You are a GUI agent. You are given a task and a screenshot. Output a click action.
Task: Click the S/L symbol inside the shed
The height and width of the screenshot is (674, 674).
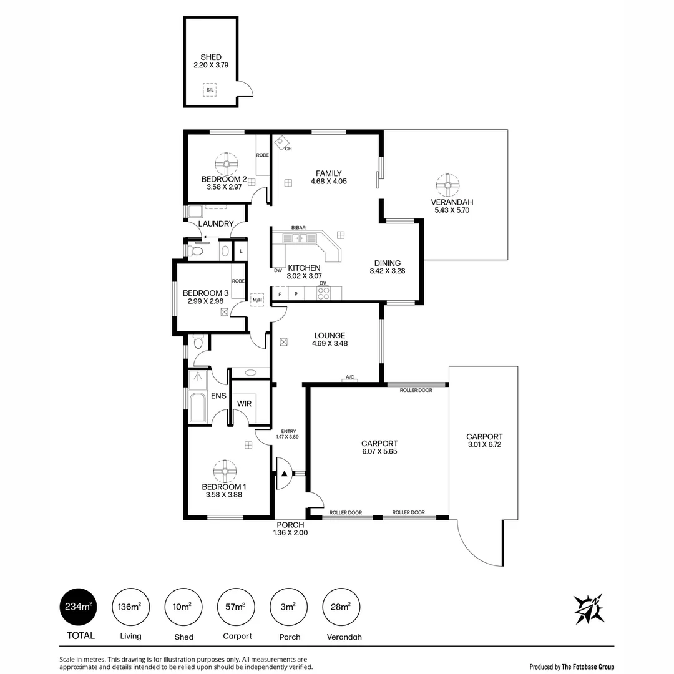coord(209,90)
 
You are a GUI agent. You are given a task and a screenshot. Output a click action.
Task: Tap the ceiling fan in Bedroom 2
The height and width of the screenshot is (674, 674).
coord(226,165)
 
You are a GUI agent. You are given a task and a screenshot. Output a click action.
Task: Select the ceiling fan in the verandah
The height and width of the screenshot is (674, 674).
coord(447,185)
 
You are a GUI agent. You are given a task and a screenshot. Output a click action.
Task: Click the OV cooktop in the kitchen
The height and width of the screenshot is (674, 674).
coord(323,292)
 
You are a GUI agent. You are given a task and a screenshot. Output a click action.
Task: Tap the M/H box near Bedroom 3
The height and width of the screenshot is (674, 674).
coord(256,301)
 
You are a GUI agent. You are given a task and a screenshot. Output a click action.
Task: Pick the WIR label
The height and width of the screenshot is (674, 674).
coord(244,404)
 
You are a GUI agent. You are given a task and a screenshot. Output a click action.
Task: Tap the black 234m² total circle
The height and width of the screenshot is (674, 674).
coord(79,606)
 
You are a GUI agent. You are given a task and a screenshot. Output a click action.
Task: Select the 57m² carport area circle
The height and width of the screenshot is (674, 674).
coord(237,606)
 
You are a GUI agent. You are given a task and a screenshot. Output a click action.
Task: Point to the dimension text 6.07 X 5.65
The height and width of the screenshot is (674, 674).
coord(379,452)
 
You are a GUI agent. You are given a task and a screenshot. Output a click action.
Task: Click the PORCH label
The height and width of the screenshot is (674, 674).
coord(290,525)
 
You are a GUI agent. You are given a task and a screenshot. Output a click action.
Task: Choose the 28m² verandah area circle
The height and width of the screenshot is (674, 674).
coord(341,606)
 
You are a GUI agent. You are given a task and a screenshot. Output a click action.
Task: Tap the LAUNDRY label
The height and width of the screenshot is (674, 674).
coord(216,224)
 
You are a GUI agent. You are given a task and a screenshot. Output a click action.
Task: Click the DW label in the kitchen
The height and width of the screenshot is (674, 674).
coord(278,270)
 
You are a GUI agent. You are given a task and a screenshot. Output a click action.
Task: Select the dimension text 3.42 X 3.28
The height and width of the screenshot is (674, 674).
coord(387,271)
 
